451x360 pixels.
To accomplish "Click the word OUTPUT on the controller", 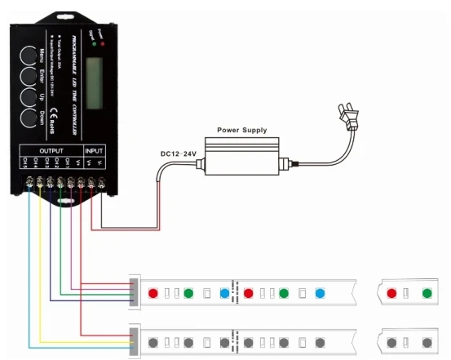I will [51, 151].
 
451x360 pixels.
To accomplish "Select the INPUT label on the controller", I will [95, 151].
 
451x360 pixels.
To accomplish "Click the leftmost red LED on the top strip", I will [153, 291].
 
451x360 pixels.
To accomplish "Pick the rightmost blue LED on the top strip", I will [321, 292].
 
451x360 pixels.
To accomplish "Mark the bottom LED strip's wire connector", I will [133, 339].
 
